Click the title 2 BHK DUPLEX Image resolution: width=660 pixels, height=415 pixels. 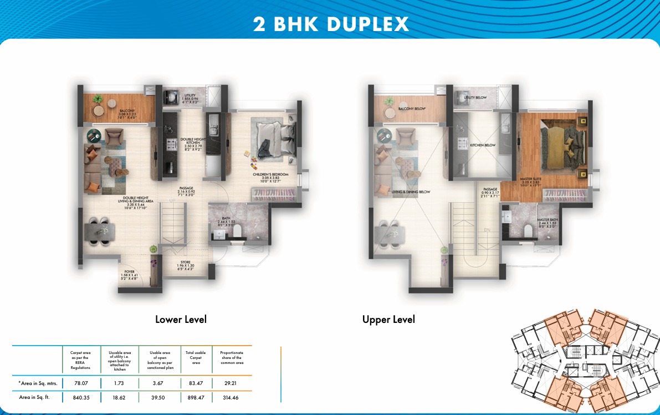(x=331, y=24)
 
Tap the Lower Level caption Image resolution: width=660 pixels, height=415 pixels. (x=181, y=319)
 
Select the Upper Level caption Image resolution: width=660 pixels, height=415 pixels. (x=388, y=319)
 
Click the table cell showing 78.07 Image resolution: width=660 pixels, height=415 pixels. (x=81, y=383)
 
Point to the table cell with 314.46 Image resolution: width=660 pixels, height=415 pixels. (x=231, y=397)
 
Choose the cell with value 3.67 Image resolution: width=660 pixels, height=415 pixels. (x=159, y=383)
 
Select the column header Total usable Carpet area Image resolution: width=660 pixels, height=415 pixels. (x=196, y=357)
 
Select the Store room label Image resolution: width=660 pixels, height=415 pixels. (x=186, y=265)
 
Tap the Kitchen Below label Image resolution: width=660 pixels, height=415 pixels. (x=483, y=145)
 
